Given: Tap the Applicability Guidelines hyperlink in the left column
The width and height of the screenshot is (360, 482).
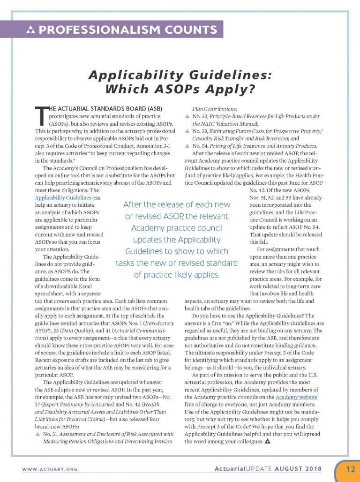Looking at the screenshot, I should [x=63, y=198].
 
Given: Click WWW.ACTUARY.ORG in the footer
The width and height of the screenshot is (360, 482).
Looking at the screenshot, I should [x=49, y=469].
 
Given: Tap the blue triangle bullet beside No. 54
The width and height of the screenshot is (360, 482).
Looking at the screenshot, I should [x=188, y=146].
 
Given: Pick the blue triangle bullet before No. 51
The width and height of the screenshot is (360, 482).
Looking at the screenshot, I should [x=38, y=434].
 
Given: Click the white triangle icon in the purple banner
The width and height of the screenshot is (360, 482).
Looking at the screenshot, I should [x=31, y=31].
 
